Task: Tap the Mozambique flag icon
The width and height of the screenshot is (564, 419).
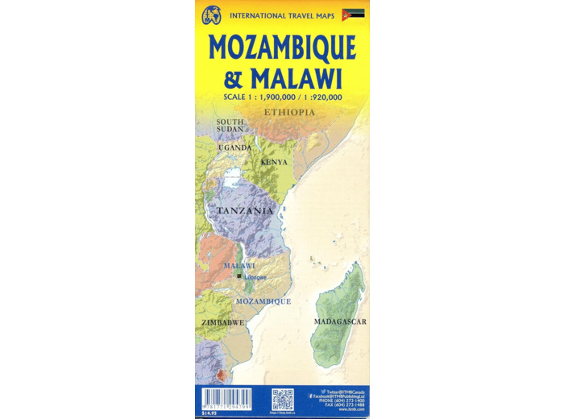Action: tap(353, 14)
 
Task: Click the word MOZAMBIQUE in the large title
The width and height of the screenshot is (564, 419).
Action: tap(282, 48)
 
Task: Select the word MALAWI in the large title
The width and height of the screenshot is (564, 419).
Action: tap(295, 79)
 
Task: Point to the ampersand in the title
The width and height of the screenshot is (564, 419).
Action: tap(231, 80)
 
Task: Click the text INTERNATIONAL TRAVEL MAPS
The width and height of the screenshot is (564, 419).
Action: tap(282, 15)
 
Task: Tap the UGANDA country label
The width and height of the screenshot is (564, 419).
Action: tap(235, 148)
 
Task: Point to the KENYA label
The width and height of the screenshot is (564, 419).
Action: tap(274, 163)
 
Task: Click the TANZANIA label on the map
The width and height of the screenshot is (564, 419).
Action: tap(243, 211)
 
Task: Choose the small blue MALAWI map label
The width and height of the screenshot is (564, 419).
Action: tap(239, 266)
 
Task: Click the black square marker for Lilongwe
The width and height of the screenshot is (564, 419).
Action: tap(239, 277)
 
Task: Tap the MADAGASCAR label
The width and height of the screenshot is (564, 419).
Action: tap(340, 322)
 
